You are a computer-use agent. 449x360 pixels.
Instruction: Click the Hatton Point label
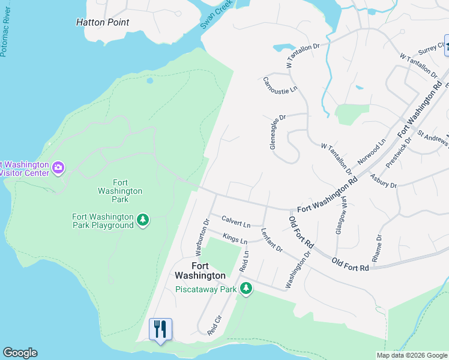(103, 22)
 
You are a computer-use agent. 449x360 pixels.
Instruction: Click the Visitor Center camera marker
(58, 168)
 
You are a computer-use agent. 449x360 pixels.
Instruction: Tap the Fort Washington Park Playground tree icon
(143, 220)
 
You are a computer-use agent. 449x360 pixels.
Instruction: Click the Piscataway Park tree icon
(246, 289)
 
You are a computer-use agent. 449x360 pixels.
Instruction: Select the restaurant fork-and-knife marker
(160, 329)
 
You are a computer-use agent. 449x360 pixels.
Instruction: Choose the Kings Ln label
(235, 238)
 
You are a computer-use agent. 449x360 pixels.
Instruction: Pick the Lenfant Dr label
(271, 239)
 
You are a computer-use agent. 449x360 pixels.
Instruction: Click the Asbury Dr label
(384, 181)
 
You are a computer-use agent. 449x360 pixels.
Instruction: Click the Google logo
(20, 353)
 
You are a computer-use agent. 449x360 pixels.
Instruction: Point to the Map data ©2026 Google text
(411, 355)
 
